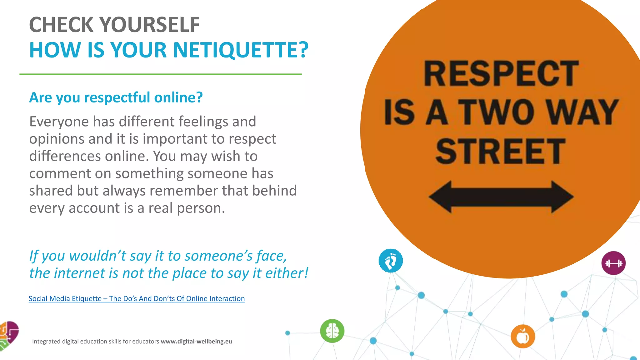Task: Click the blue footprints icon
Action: coord(391,261)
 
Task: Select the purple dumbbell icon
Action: coord(613,263)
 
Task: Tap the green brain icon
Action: coord(332,331)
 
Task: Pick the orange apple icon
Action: coord(523,337)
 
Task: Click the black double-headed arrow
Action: coord(501,197)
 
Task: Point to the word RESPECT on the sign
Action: coord(501,74)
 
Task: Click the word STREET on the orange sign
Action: coord(501,152)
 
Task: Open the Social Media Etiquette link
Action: coord(137,298)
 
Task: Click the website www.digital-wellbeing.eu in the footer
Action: coord(196,341)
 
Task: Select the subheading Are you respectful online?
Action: coord(116,97)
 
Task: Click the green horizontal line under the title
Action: coord(160,74)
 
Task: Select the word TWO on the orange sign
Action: coord(497,112)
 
